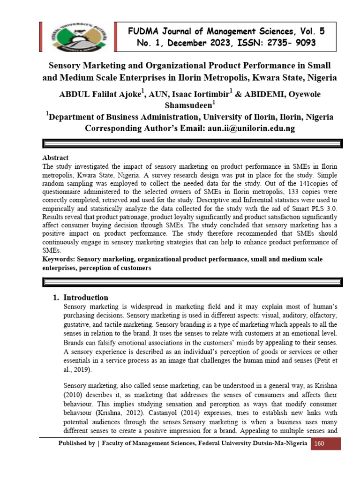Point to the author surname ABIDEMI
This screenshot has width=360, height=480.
(260, 94)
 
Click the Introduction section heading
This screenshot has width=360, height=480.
(86, 297)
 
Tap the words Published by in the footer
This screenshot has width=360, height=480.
(75, 443)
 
